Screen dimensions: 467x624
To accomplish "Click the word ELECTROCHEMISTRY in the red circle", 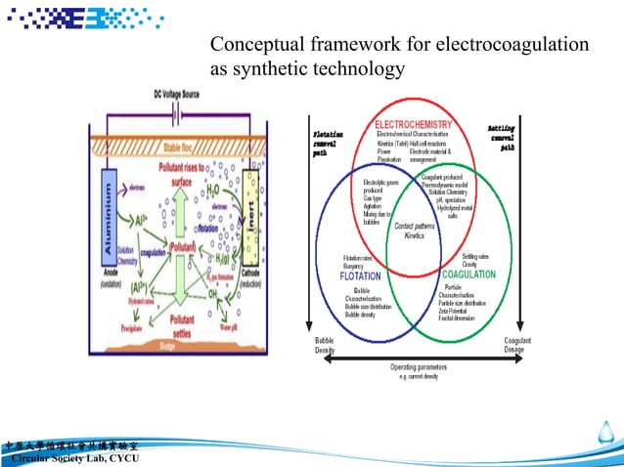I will [x=414, y=125].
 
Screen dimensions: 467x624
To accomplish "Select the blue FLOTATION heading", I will [x=360, y=276].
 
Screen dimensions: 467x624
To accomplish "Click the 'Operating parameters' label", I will [x=418, y=367].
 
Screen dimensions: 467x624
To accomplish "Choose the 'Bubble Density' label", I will [x=324, y=344].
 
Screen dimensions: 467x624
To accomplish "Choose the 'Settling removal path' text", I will [x=502, y=139].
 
